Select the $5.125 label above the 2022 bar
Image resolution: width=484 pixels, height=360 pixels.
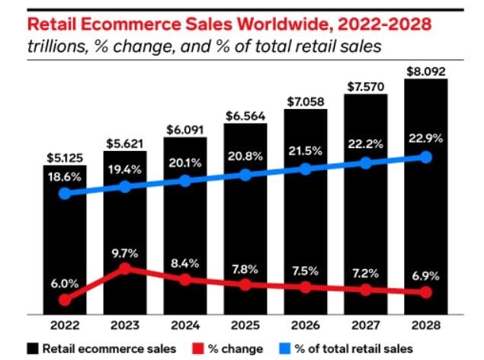(65, 156)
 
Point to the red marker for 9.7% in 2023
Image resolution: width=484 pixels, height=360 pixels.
(125, 268)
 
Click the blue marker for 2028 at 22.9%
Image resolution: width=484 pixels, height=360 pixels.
(425, 157)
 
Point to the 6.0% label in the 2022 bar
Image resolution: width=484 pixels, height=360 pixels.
(65, 282)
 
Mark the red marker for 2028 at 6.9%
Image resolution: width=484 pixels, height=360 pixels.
(425, 293)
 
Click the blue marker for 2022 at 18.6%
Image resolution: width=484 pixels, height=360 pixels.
(65, 193)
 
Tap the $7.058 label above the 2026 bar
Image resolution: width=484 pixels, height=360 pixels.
(306, 101)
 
